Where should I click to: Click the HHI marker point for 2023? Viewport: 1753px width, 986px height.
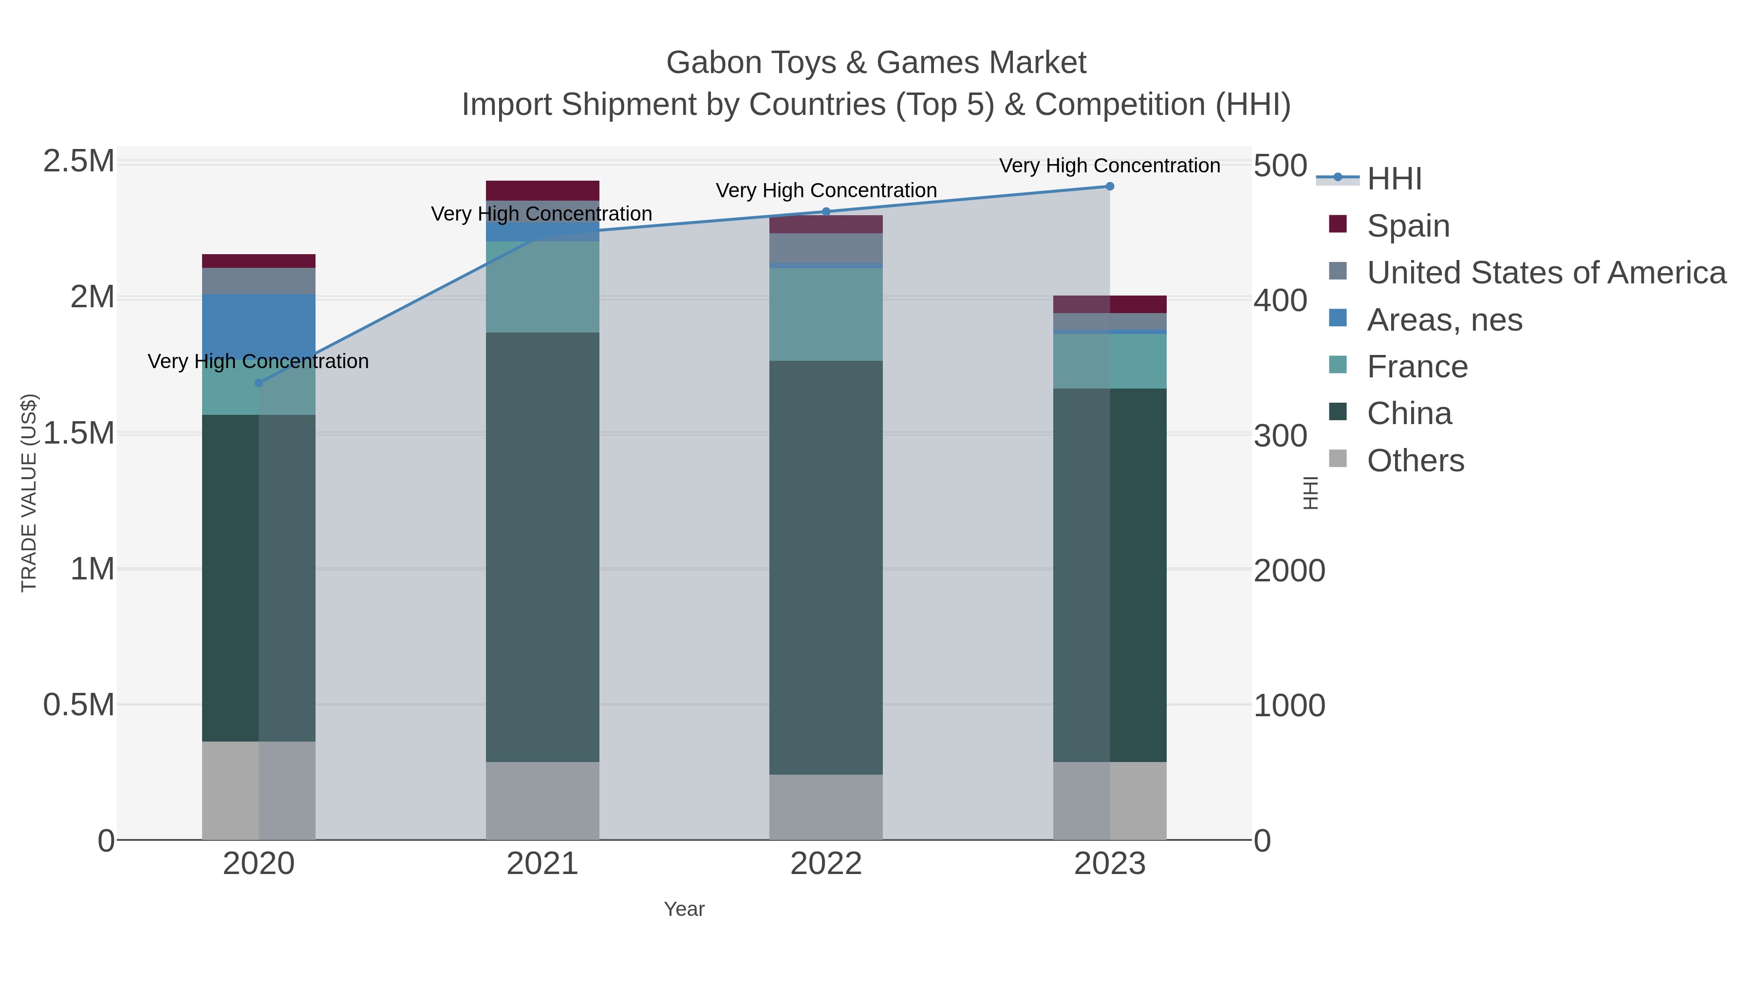click(1110, 186)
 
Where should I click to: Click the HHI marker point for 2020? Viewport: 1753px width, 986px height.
click(259, 383)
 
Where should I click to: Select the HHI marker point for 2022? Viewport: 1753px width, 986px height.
click(826, 212)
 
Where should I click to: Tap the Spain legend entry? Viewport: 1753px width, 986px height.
click(1407, 226)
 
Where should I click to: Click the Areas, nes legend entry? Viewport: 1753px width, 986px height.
click(1444, 320)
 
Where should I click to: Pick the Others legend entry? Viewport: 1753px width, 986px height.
click(1415, 461)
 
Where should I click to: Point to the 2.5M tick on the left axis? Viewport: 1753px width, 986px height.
click(79, 162)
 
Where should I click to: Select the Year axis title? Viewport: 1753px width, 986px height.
click(684, 909)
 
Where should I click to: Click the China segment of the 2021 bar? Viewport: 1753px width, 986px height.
click(542, 544)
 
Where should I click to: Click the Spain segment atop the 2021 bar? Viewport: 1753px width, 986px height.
click(542, 190)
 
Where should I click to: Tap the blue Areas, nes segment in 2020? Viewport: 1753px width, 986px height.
click(259, 320)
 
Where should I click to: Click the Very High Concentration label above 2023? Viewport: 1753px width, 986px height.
click(1109, 166)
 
